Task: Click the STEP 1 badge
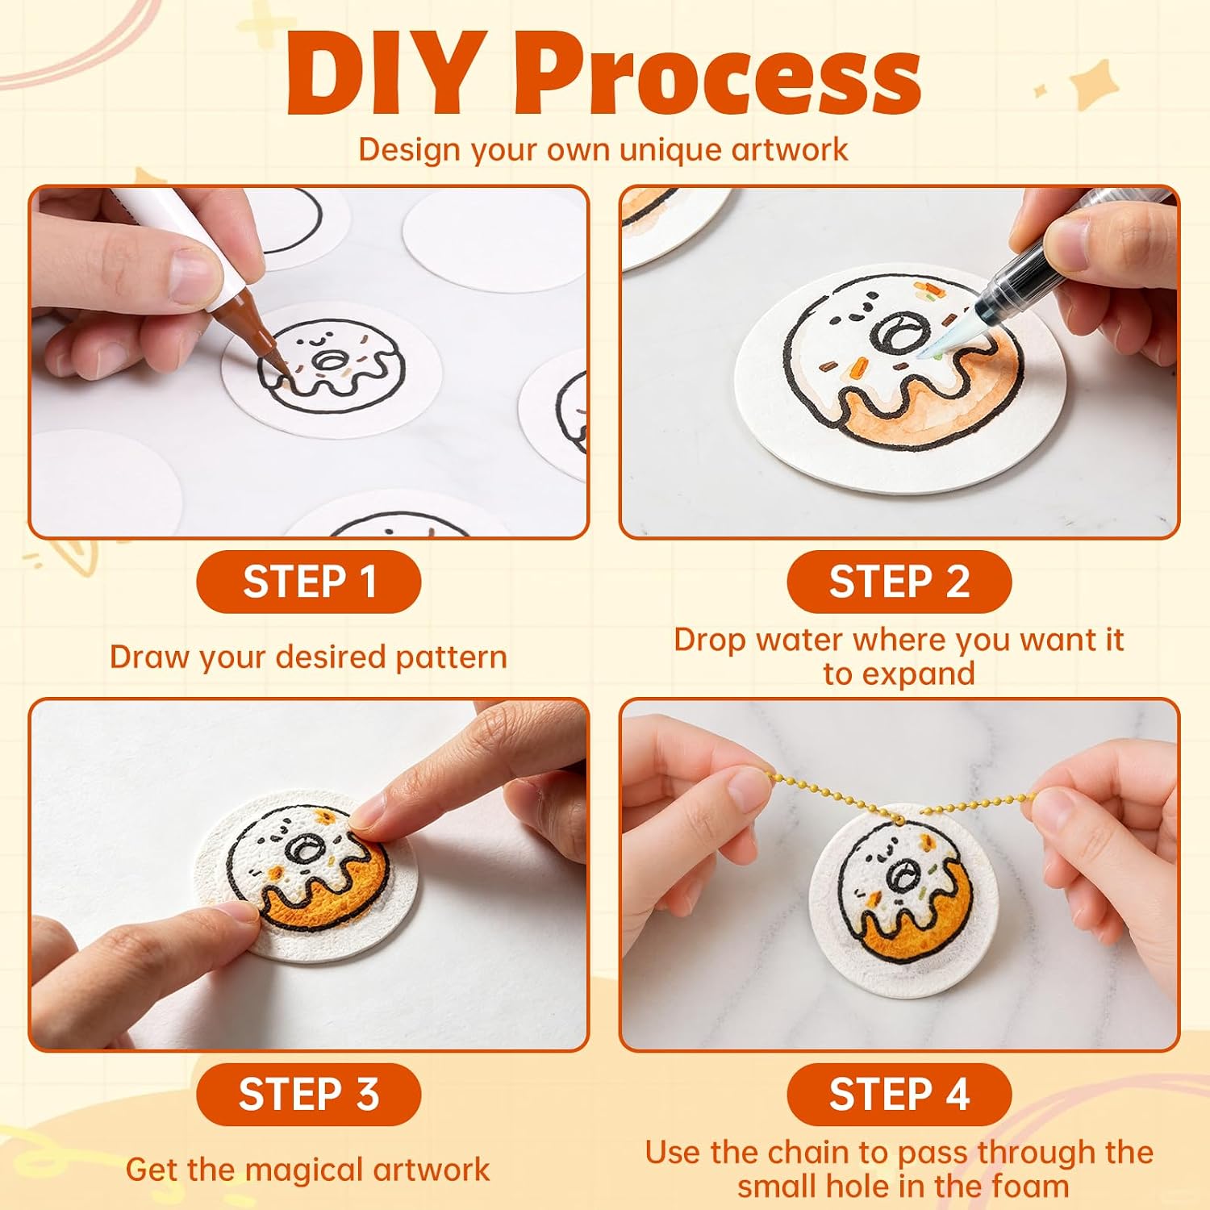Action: pos(309,582)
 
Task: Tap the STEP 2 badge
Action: pos(899,582)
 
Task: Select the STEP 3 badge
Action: pos(309,1095)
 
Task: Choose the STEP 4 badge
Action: pos(899,1095)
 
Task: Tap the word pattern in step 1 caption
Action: pos(451,657)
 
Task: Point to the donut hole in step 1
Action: pos(328,361)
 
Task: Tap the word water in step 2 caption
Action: pos(800,640)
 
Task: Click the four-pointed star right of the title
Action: pos(1095,86)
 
